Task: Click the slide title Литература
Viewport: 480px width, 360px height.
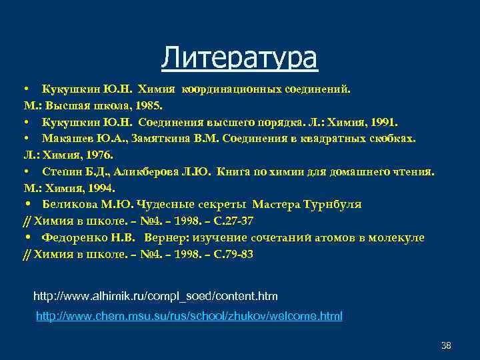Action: point(239,57)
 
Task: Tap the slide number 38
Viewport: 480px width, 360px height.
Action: point(446,345)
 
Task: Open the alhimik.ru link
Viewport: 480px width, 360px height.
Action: point(155,295)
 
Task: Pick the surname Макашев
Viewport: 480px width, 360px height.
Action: point(67,139)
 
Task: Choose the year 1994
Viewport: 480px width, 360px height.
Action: point(102,188)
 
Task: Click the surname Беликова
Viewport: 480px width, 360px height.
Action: point(67,204)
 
